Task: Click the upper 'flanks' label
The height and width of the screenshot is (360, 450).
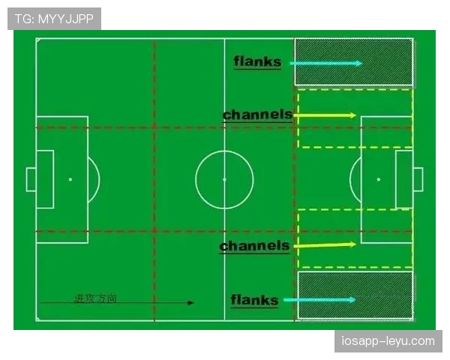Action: [257, 61]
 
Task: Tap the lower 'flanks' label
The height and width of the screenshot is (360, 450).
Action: [254, 300]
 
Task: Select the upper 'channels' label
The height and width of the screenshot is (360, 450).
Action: [257, 115]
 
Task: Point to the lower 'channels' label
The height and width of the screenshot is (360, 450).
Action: [254, 246]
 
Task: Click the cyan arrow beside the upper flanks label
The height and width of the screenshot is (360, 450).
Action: [326, 64]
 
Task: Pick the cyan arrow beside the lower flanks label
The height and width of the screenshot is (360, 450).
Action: [319, 300]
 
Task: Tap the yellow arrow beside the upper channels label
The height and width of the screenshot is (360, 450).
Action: [325, 115]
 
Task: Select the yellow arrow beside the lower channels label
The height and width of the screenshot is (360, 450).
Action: [325, 245]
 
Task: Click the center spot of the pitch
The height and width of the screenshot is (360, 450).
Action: [224, 179]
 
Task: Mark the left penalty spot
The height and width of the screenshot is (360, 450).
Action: [70, 179]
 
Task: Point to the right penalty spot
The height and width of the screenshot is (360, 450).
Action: [379, 179]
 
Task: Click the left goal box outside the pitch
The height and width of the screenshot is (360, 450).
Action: [31, 179]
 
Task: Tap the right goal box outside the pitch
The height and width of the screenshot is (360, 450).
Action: [418, 179]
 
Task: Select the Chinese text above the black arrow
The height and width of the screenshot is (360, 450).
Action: [95, 298]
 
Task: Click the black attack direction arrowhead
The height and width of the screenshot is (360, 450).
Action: [190, 302]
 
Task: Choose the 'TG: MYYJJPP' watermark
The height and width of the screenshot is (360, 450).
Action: [54, 19]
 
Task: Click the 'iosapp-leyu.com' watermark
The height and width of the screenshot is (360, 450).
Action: [388, 341]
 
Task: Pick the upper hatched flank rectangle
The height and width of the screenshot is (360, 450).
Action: [354, 62]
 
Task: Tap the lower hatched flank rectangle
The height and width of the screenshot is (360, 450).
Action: [355, 295]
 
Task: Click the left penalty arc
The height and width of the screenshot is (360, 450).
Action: [99, 179]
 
